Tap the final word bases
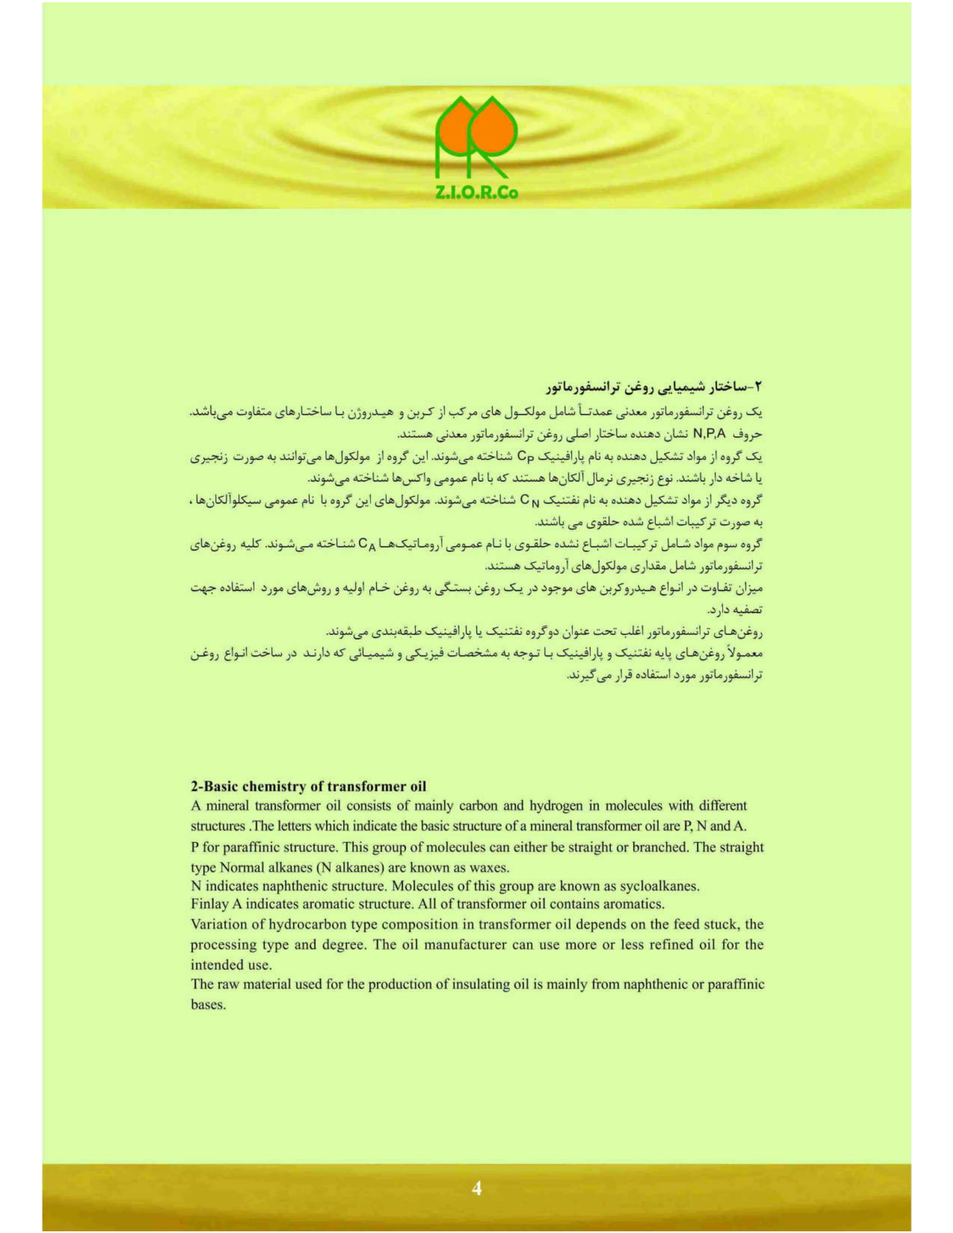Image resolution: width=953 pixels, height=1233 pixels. pyautogui.click(x=208, y=1005)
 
